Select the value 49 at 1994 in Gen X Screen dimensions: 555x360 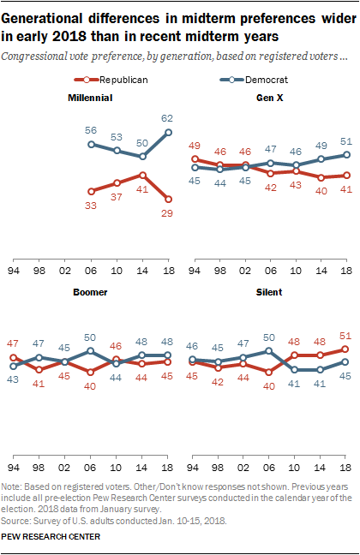[x=195, y=145]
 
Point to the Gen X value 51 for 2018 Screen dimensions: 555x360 [x=346, y=141]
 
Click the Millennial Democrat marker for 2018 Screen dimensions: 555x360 [x=168, y=132]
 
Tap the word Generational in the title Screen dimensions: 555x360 [x=50, y=16]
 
